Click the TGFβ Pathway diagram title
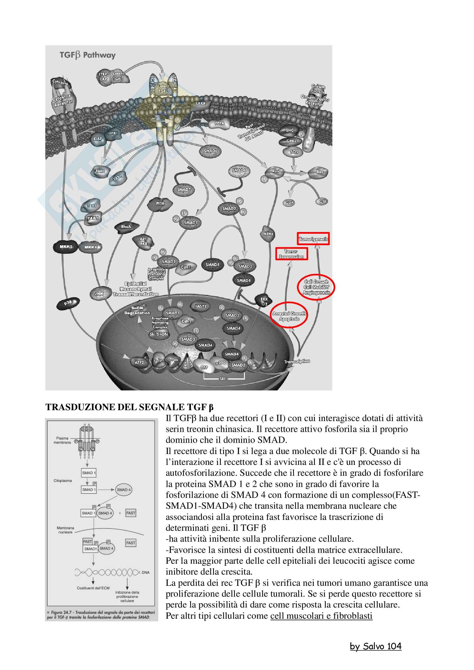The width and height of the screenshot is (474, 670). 88,55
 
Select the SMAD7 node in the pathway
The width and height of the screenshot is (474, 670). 184,190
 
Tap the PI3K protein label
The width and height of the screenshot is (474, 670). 160,204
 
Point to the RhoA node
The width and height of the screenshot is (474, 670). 126,227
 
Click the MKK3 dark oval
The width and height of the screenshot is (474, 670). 66,247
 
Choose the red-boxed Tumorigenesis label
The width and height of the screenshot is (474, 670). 313,239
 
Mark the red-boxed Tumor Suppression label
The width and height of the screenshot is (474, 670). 291,254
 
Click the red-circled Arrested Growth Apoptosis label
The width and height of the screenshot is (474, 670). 289,316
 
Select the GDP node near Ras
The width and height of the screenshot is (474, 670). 289,203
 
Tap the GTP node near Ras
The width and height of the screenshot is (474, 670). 322,202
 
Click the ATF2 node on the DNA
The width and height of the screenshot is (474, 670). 139,363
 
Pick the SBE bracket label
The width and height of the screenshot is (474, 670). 223,379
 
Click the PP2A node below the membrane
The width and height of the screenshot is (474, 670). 220,123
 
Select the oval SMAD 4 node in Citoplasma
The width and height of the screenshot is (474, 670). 124,490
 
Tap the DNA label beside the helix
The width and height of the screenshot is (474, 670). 145,573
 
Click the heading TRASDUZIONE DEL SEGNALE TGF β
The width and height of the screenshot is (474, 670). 129,407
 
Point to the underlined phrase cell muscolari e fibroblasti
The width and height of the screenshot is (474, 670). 321,616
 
